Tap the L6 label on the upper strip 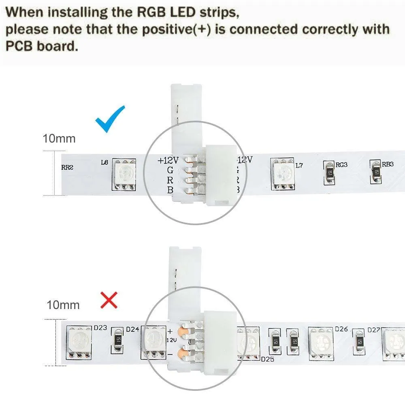click(x=104, y=162)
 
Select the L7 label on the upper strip click(x=299, y=165)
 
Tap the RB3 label click(x=388, y=164)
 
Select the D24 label click(x=133, y=329)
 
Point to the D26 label click(x=341, y=329)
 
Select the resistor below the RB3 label click(x=376, y=172)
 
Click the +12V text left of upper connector click(x=167, y=160)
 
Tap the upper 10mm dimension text click(x=59, y=139)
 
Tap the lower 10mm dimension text click(x=63, y=305)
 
